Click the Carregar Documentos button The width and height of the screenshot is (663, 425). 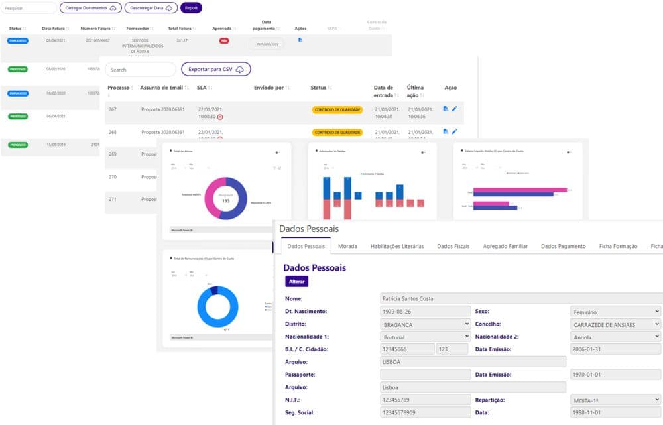tap(90, 8)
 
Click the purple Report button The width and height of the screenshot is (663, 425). tap(191, 8)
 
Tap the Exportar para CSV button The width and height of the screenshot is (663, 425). tap(215, 70)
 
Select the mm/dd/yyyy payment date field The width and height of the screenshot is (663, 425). tap(267, 44)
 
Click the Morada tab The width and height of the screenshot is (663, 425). tap(347, 246)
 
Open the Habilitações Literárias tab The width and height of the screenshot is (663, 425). tap(396, 246)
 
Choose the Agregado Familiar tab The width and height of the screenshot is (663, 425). tap(505, 246)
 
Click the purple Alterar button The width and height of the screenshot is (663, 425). tap(296, 281)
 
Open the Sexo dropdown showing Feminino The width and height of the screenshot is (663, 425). tap(615, 311)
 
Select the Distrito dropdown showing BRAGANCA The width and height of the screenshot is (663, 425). tap(425, 324)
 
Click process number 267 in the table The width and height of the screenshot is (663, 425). tap(112, 109)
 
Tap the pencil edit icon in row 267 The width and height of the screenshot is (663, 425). tap(454, 109)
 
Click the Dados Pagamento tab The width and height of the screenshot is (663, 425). tap(563, 246)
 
